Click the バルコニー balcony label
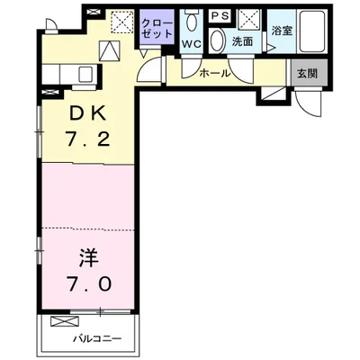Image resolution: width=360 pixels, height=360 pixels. click(97, 340)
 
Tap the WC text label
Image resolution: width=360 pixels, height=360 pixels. click(191, 42)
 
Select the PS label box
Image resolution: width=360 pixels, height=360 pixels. click(218, 16)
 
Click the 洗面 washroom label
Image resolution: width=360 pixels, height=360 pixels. click(241, 41)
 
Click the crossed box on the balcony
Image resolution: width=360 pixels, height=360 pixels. click(64, 321)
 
